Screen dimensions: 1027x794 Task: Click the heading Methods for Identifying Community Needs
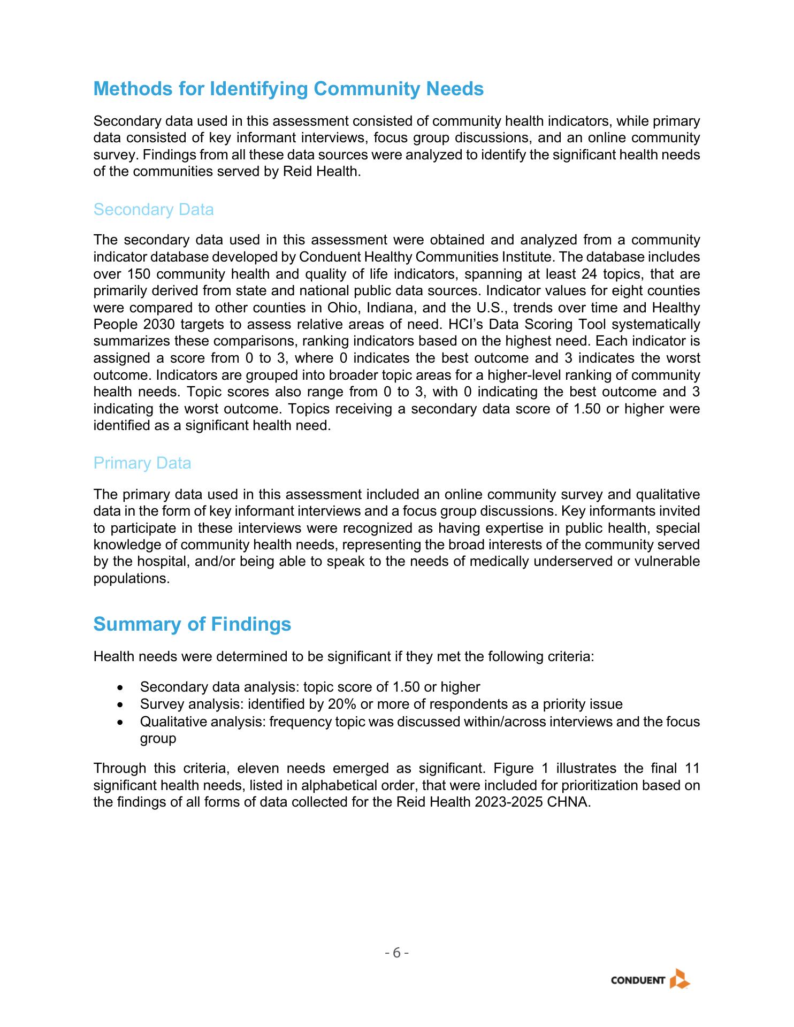[x=288, y=89]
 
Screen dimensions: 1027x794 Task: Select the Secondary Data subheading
[x=154, y=210]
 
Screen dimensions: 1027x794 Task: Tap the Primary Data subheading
[x=142, y=463]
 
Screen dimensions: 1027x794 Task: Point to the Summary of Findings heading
[x=192, y=624]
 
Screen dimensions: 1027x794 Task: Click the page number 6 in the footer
[x=396, y=953]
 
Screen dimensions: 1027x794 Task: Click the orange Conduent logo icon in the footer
[x=680, y=979]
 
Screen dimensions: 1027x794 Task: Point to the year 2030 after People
[x=159, y=325]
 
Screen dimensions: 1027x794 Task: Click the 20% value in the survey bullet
[x=342, y=704]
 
